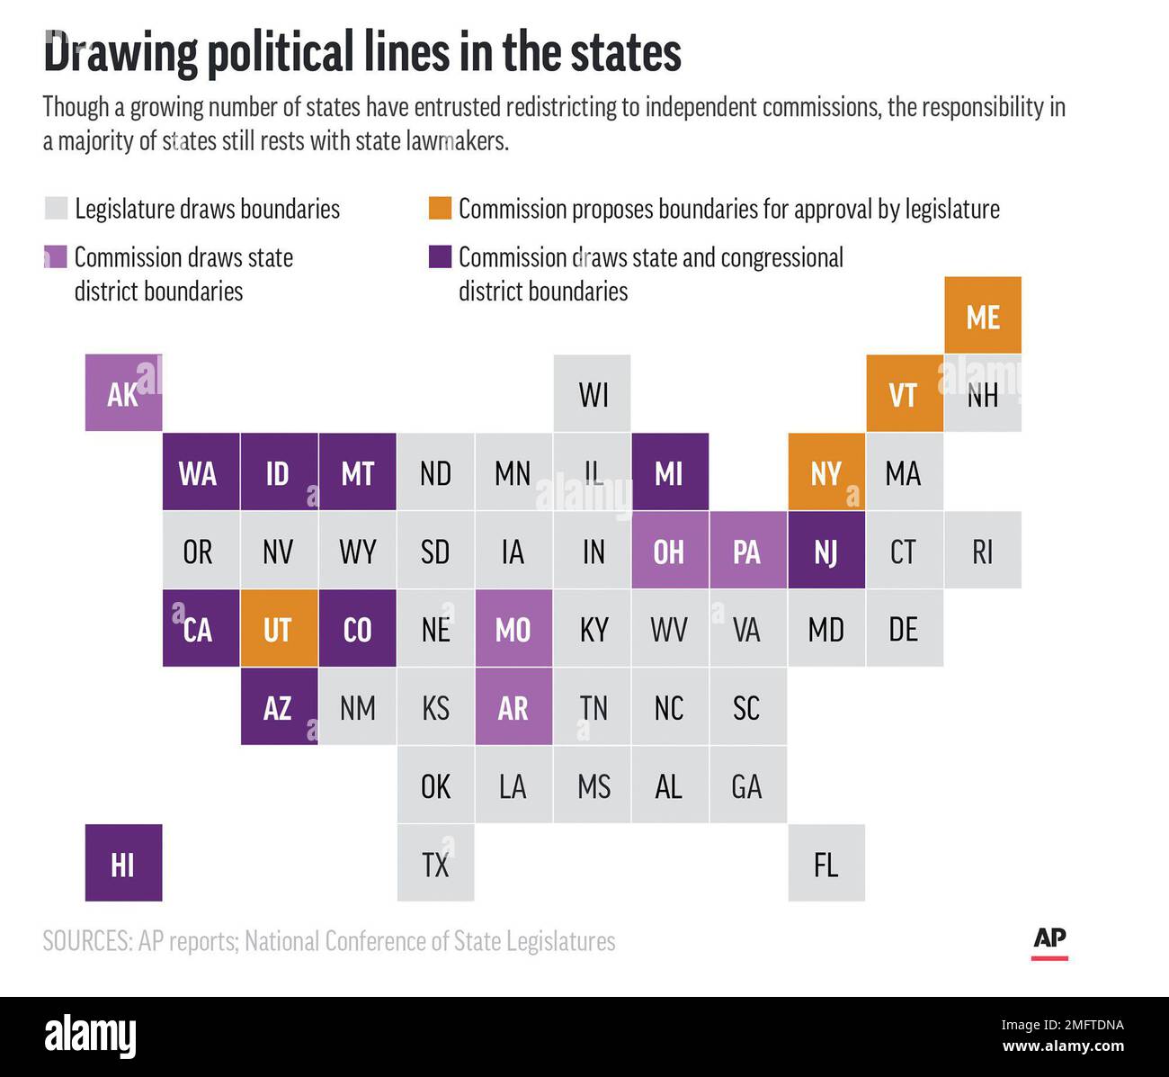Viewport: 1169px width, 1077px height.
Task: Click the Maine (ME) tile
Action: (x=983, y=315)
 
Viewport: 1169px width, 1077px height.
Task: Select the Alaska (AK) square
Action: (x=123, y=392)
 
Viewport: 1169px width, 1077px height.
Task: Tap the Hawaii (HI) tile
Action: (x=123, y=863)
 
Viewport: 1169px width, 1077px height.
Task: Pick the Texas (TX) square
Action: (x=436, y=863)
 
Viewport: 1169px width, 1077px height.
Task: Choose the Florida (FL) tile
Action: (x=826, y=863)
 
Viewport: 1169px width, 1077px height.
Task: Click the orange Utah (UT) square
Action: (x=279, y=628)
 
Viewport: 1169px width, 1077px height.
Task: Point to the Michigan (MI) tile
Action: (x=670, y=471)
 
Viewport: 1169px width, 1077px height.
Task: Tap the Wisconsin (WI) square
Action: (x=592, y=392)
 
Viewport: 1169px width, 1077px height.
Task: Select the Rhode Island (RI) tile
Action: (x=983, y=550)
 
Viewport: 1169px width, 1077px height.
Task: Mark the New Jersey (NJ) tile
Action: (x=826, y=550)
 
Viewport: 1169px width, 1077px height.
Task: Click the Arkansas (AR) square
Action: (x=514, y=706)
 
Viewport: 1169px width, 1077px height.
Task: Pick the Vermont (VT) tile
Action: (x=905, y=392)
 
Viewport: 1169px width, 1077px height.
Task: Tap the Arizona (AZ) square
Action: (x=279, y=706)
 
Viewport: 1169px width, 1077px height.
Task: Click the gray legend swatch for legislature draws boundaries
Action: (x=56, y=208)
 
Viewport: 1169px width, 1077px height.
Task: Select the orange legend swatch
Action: (x=440, y=208)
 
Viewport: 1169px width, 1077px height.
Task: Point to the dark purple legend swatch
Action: (x=440, y=256)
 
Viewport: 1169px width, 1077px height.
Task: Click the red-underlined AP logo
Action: (x=1049, y=943)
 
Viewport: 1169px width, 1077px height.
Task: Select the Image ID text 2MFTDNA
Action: (x=1093, y=1025)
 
